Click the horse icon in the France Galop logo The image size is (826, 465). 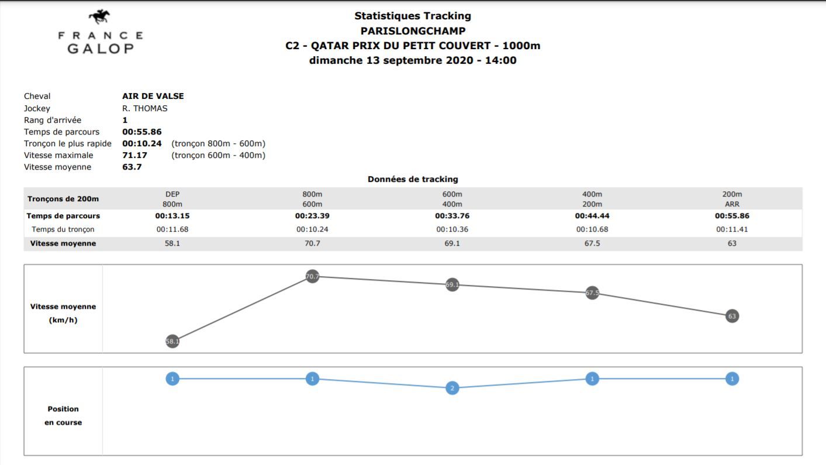click(100, 16)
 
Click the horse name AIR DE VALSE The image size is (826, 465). click(153, 97)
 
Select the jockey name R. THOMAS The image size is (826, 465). click(144, 108)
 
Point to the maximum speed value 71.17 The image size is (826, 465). click(134, 156)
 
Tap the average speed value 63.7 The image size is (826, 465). click(132, 167)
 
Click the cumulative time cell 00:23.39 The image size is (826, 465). click(312, 216)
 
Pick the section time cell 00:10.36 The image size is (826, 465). click(452, 229)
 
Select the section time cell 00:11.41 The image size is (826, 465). click(732, 229)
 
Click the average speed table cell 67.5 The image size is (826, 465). click(592, 243)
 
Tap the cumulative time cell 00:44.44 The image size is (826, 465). click(592, 216)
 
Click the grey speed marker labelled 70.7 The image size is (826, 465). click(313, 276)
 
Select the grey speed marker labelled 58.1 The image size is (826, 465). click(172, 341)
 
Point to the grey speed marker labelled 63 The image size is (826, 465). click(732, 316)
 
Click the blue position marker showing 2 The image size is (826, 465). click(452, 388)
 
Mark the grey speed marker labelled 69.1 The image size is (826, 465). click(452, 285)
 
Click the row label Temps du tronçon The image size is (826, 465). click(63, 229)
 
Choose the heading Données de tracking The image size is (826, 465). click(413, 180)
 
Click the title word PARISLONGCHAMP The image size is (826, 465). click(413, 31)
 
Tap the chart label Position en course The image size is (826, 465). click(63, 415)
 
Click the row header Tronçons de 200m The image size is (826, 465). click(63, 199)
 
